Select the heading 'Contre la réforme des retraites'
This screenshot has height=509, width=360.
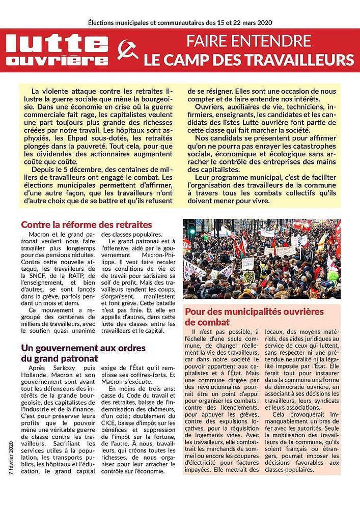[x=86, y=224]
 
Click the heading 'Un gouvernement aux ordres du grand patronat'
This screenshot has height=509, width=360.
[x=83, y=353]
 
